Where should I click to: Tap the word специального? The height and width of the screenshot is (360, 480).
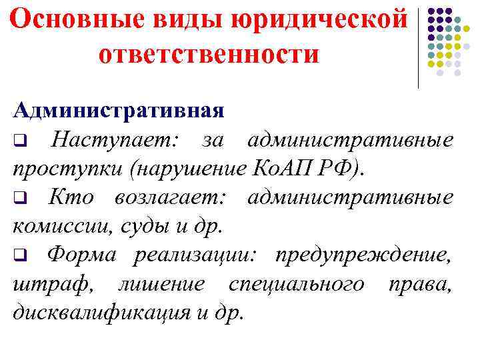(x=296, y=283)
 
